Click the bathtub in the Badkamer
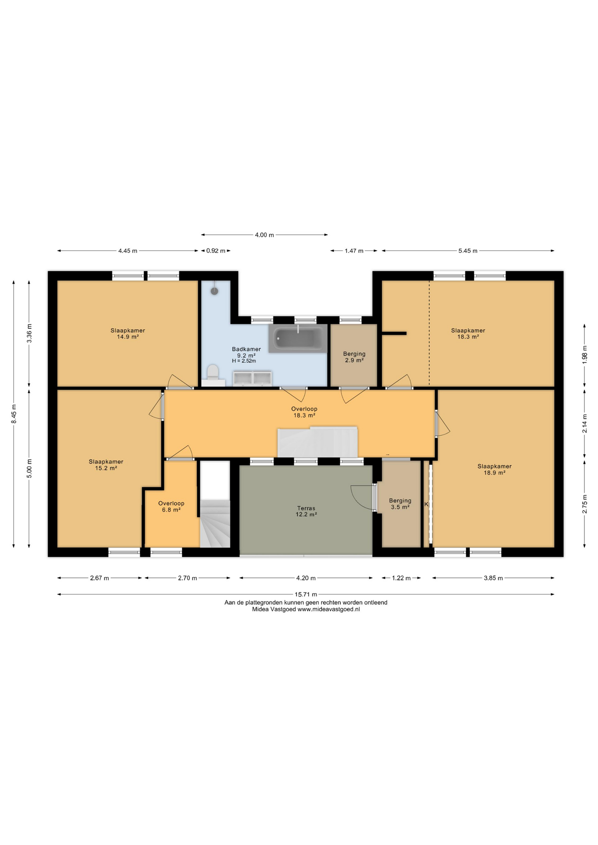pos(298,338)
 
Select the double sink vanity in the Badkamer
pos(252,378)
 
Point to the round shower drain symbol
pos(214,291)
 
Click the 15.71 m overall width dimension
pos(306,594)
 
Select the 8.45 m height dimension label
pos(14,414)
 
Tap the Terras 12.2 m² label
pos(306,511)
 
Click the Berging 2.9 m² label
pos(354,357)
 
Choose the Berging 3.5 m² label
pos(400,503)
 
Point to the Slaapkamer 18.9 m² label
pos(495,469)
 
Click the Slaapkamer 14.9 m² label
pos(128,334)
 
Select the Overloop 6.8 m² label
pos(171,507)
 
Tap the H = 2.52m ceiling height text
pos(244,361)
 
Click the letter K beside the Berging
pos(426,504)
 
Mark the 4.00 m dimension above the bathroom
pos(264,235)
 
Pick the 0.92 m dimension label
pos(216,251)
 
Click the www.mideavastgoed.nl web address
pos(329,610)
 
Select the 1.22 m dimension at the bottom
pos(401,578)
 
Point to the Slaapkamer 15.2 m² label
pos(106,465)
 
